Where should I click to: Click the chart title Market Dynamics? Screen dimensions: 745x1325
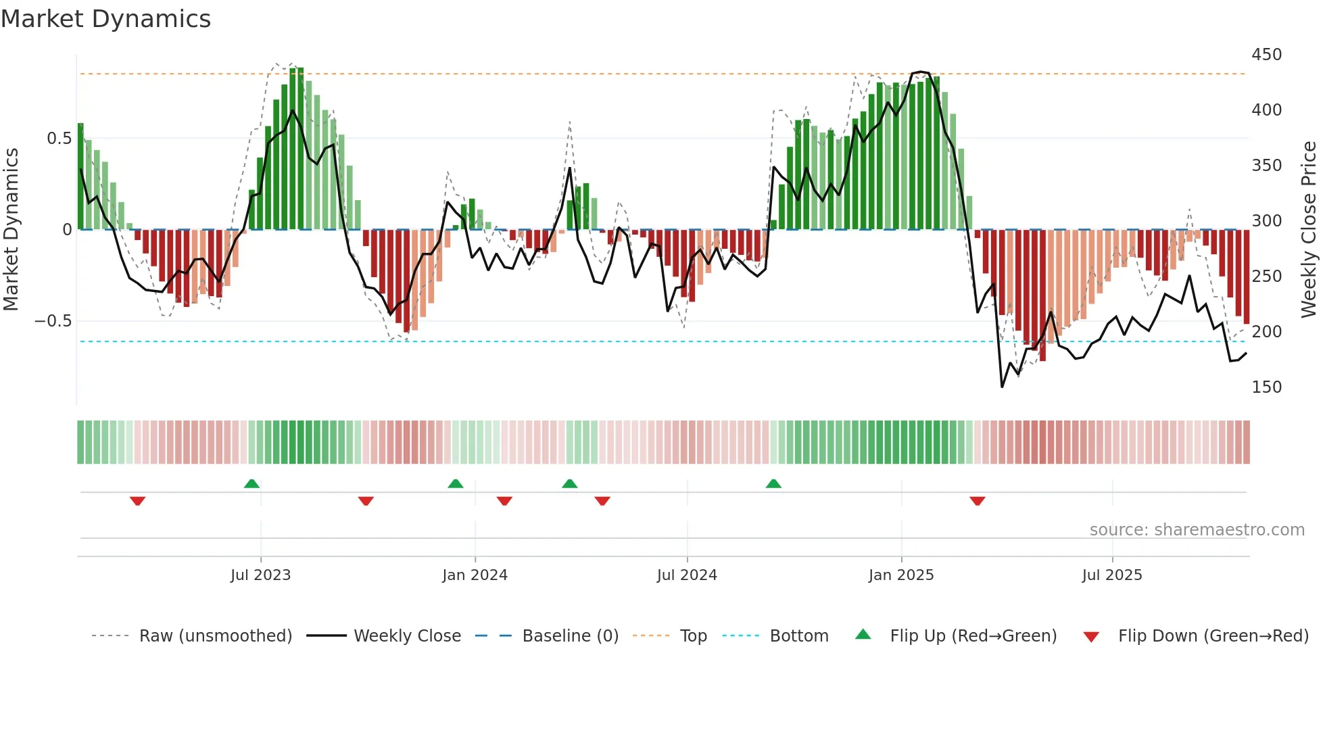(x=105, y=19)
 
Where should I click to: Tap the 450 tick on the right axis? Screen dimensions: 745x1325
(x=1266, y=55)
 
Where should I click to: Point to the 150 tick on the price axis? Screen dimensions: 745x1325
(x=1266, y=387)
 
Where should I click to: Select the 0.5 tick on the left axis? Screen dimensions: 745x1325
(x=59, y=139)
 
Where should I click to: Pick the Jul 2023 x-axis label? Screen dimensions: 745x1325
(x=260, y=575)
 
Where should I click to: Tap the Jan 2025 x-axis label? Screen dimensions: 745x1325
(x=901, y=575)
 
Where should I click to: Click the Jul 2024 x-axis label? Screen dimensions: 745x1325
(x=687, y=575)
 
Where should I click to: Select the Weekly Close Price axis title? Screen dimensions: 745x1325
(x=1309, y=229)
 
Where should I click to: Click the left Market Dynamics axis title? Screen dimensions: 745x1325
(x=11, y=229)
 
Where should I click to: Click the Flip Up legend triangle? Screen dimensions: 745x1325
(x=863, y=635)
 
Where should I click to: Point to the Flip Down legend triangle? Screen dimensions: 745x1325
(x=1091, y=637)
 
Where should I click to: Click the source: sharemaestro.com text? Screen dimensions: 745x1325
(x=1197, y=530)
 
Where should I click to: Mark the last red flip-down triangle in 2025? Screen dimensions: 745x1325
(x=978, y=501)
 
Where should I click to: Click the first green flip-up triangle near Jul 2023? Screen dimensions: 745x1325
(x=251, y=483)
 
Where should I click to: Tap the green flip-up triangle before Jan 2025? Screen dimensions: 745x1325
(x=773, y=483)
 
